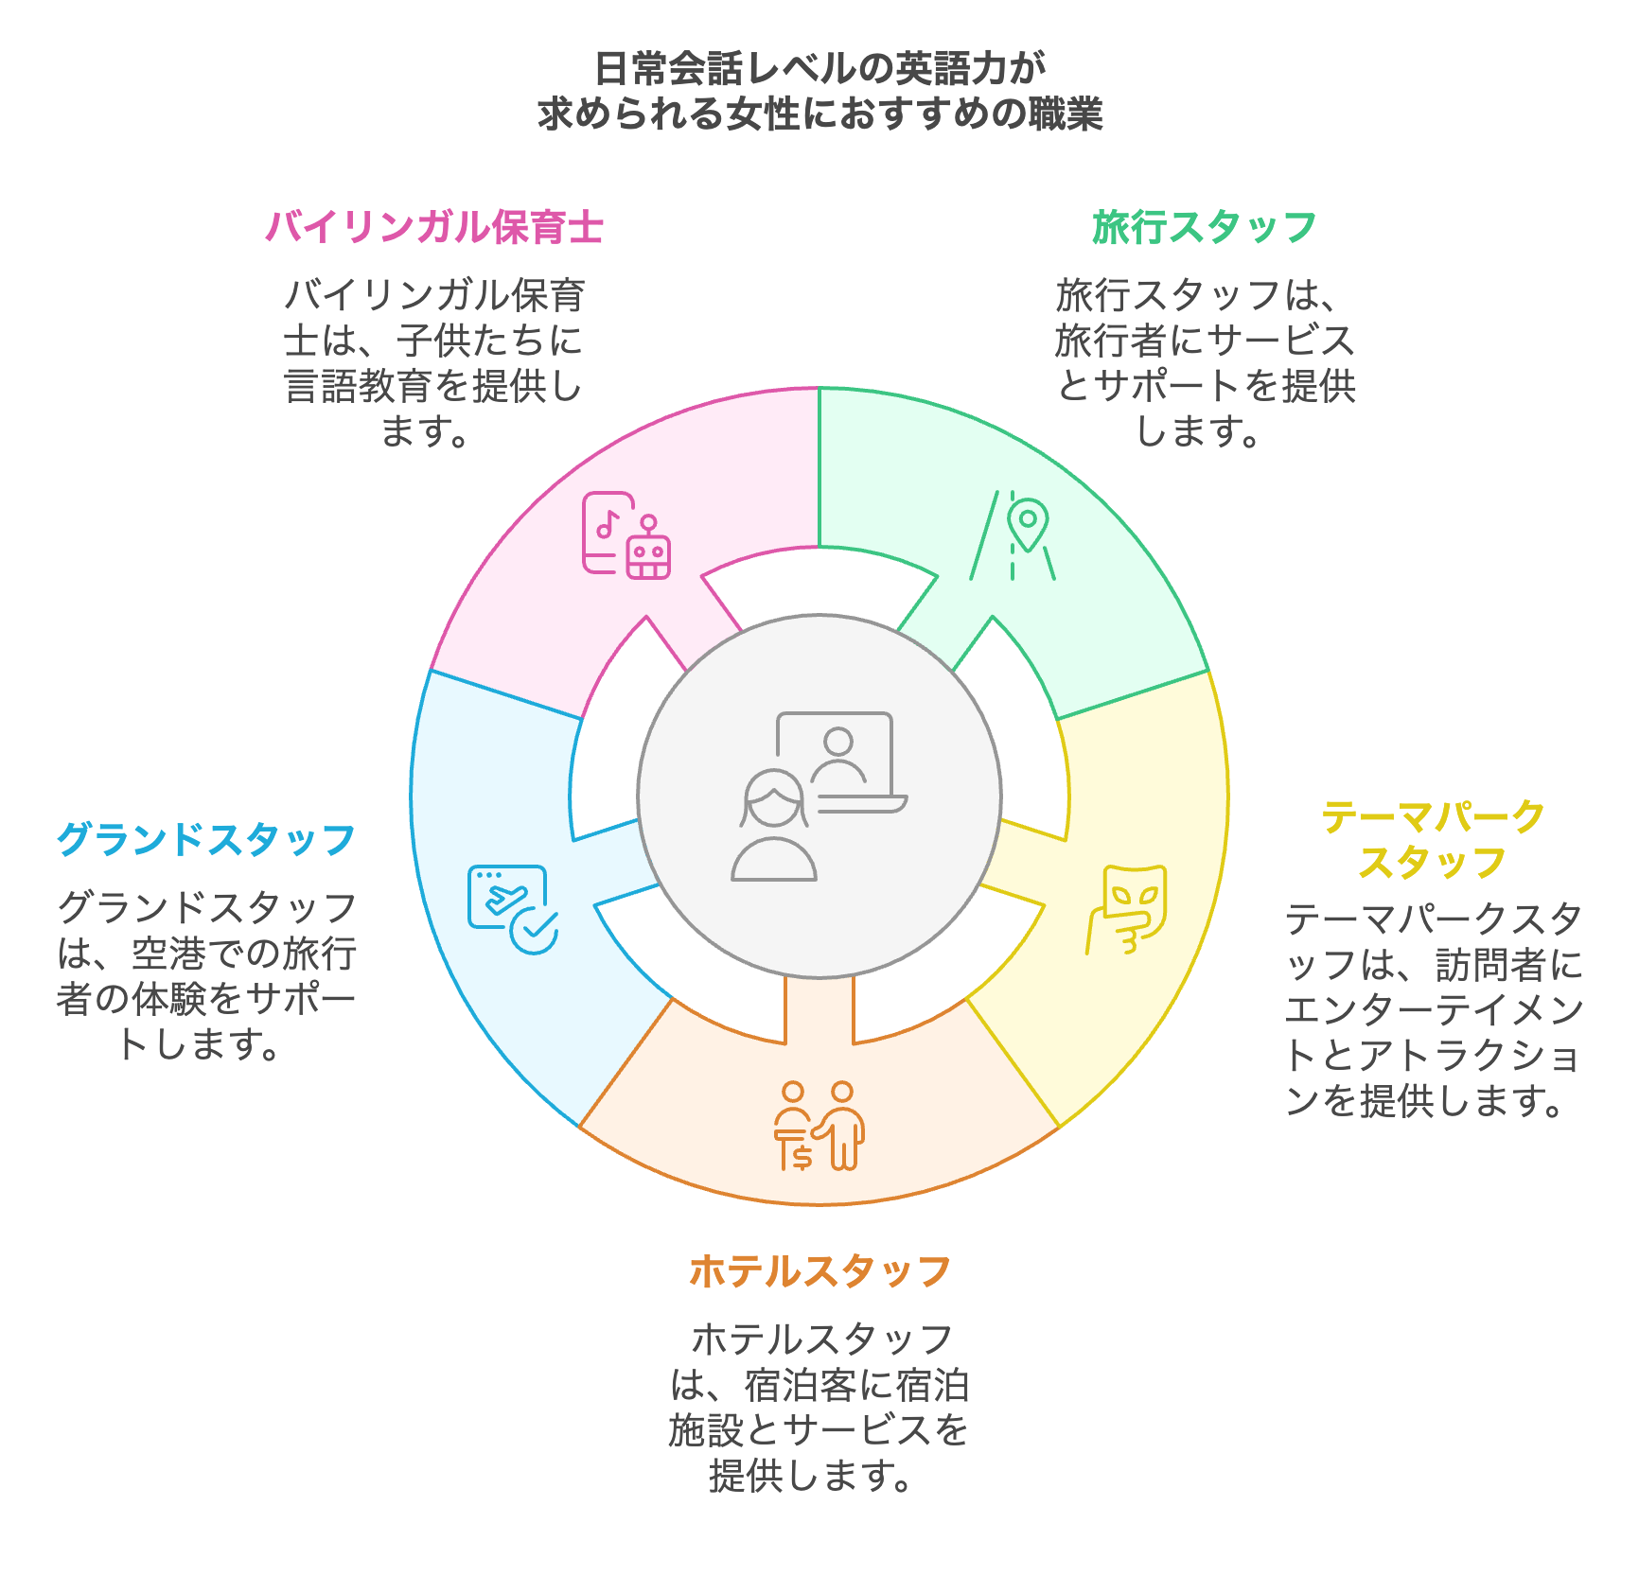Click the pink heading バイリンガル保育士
pyautogui.click(x=434, y=228)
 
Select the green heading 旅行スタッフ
pyautogui.click(x=1204, y=228)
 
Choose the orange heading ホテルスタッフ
pyautogui.click(x=819, y=1271)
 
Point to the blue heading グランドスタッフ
pyautogui.click(x=206, y=839)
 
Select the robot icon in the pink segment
pyautogui.click(x=648, y=551)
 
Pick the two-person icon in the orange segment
pyautogui.click(x=819, y=1126)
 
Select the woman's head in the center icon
pyautogui.click(x=775, y=799)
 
